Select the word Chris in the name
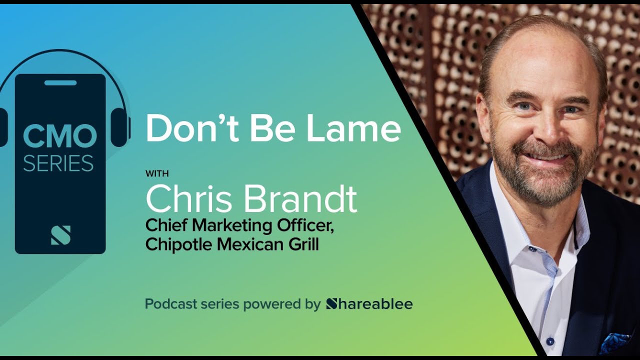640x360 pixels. point(189,199)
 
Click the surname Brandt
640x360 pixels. point(299,199)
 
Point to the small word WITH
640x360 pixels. point(157,174)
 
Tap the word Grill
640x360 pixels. point(303,245)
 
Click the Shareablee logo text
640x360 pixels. point(369,303)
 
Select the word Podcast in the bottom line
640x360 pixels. point(169,304)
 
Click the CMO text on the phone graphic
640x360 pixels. point(60,136)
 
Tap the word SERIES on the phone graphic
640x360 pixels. point(58,163)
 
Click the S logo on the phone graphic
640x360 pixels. point(60,235)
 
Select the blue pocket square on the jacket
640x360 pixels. point(613,343)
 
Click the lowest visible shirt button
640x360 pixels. point(550,341)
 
